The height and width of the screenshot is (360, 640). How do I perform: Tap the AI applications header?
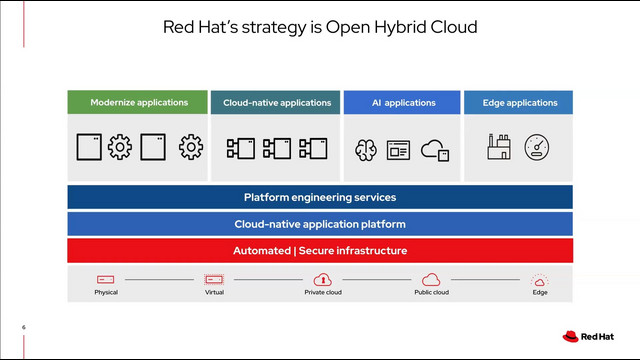402,102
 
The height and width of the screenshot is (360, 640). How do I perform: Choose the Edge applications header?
518,102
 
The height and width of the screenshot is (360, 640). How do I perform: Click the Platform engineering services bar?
320,197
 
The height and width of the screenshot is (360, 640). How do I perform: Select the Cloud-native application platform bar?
320,224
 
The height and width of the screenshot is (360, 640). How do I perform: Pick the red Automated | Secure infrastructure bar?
320,250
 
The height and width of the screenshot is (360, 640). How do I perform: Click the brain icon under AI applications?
366,150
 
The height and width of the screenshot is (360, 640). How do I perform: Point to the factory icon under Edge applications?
498,148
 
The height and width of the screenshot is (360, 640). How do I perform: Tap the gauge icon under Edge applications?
538,148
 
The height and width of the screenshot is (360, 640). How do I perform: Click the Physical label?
106,292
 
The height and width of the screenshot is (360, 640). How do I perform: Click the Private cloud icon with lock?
322,279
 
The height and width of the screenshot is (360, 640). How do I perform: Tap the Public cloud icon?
431,279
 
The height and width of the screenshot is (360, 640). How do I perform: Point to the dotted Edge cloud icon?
539,280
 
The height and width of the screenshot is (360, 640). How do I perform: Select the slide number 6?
24,327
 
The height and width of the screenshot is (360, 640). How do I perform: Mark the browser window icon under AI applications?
399,150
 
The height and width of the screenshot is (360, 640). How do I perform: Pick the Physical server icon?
106,279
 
